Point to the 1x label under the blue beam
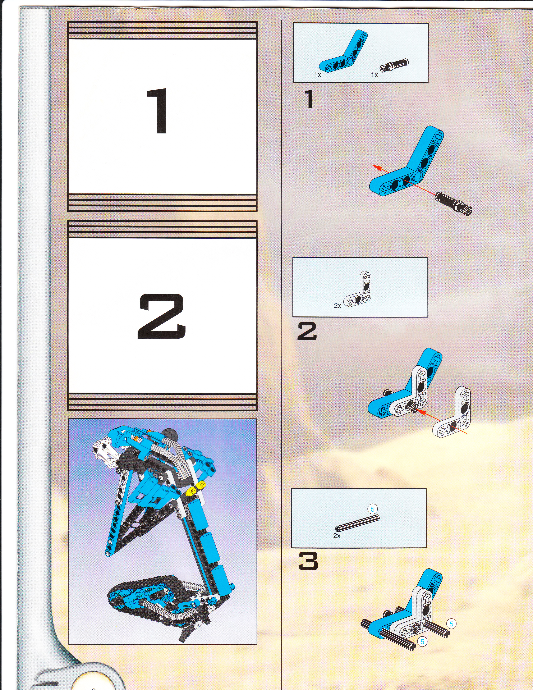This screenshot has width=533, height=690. [318, 75]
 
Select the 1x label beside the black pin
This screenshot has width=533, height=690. [374, 75]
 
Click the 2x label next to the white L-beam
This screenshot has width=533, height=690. [338, 306]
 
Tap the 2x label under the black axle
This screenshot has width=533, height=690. [337, 536]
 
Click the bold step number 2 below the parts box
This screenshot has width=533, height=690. [307, 332]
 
